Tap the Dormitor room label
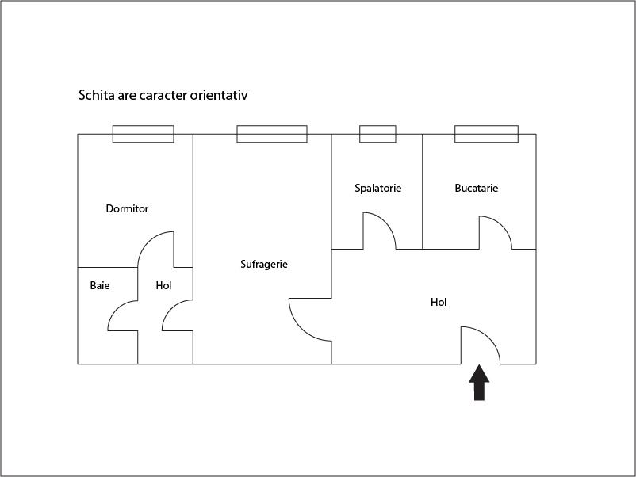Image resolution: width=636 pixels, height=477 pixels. (x=127, y=209)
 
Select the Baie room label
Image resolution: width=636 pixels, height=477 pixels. (x=100, y=285)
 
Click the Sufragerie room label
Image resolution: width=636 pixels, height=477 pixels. (x=264, y=265)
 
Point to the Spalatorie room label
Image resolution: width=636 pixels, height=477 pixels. (x=377, y=189)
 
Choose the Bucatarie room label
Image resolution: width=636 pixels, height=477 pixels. (x=476, y=189)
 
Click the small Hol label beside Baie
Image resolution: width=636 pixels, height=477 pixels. (x=163, y=285)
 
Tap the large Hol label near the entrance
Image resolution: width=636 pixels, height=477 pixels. (x=439, y=302)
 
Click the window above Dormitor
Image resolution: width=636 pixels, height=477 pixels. (x=143, y=134)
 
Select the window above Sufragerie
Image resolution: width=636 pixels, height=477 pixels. (x=272, y=134)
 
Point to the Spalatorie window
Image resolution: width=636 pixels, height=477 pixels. (x=377, y=134)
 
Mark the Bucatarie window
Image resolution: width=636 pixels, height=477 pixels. (x=486, y=134)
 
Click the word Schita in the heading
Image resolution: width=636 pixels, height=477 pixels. (x=94, y=96)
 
